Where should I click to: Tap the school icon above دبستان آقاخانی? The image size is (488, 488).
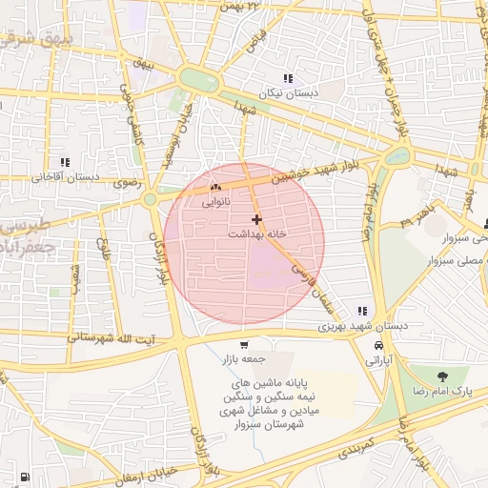65,163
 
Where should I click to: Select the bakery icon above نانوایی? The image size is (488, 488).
215,188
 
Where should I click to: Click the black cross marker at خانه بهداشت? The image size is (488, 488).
256,219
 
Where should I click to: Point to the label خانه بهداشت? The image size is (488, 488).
258,233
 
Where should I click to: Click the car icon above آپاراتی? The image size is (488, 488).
379,345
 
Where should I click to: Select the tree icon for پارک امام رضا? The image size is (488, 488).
442,376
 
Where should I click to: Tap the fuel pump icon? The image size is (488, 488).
24,477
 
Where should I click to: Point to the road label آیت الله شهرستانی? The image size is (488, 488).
105,338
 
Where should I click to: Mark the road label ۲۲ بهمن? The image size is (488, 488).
240,7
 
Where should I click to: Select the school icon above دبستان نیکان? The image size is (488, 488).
287,78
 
